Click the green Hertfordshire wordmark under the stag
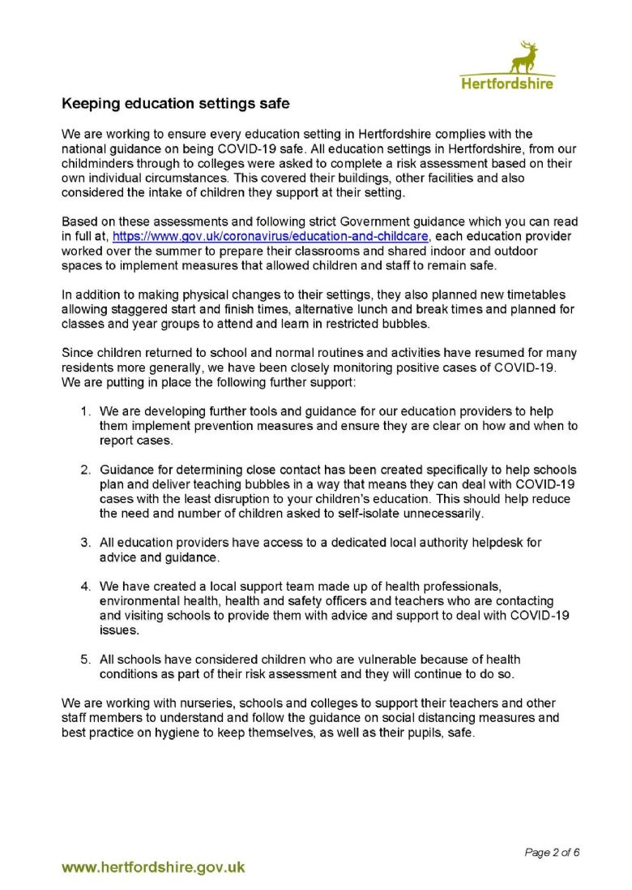click(507, 83)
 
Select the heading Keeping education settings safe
click(176, 104)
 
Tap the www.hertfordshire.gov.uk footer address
click(154, 867)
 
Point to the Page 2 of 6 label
click(553, 852)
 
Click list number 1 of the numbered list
click(85, 412)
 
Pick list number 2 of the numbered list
click(85, 470)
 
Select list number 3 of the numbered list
click(85, 541)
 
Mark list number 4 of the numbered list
click(85, 586)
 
